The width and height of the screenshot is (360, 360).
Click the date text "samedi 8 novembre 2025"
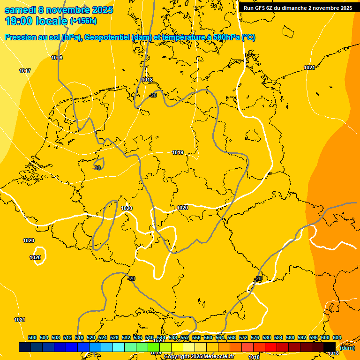click(59, 10)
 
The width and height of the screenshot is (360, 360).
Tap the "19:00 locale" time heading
click(36, 21)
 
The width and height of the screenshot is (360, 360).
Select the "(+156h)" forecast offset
click(83, 21)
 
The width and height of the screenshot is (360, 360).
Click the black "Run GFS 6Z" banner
click(298, 7)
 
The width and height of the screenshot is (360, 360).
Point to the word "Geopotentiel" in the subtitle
click(111, 37)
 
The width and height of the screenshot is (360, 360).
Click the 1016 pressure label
click(57, 58)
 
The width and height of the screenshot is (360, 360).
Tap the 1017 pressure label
click(25, 71)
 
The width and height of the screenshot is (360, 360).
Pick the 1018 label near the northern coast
click(147, 80)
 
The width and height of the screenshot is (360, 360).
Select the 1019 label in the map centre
click(178, 152)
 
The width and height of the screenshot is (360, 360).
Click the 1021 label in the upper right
click(309, 68)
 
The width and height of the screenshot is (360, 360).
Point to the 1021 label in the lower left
click(19, 320)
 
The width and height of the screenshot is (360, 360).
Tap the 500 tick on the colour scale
click(32, 337)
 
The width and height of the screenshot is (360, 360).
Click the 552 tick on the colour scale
click(185, 337)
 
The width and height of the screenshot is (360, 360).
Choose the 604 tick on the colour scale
click(337, 337)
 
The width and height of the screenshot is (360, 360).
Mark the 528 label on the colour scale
click(114, 337)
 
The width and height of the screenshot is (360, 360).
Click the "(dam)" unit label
click(347, 348)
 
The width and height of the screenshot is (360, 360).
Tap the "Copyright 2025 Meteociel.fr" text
click(199, 357)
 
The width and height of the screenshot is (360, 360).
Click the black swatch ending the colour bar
click(330, 347)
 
